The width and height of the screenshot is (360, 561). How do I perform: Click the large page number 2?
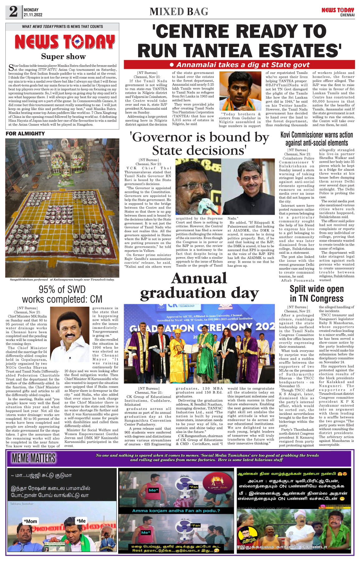[x=13, y=12]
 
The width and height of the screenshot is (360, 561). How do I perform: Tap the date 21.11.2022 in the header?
[x=33, y=15]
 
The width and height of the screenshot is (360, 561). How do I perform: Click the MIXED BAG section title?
[x=179, y=12]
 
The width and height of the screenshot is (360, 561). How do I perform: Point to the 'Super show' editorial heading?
[x=63, y=56]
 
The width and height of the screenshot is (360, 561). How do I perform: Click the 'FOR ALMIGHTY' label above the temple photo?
[x=25, y=134]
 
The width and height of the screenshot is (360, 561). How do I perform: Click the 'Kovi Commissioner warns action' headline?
[x=317, y=135]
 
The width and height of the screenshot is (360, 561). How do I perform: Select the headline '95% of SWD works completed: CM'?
[x=62, y=294]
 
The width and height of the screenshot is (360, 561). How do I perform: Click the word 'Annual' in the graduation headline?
[x=199, y=278]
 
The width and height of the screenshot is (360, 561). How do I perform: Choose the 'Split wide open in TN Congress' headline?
[x=317, y=294]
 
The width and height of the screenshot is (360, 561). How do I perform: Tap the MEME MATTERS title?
[x=34, y=458]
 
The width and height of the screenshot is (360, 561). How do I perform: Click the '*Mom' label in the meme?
[x=31, y=521]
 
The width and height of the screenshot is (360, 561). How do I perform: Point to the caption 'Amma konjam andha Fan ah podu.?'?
[x=176, y=511]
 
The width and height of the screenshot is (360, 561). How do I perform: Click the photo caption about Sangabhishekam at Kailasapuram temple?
[x=62, y=280]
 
